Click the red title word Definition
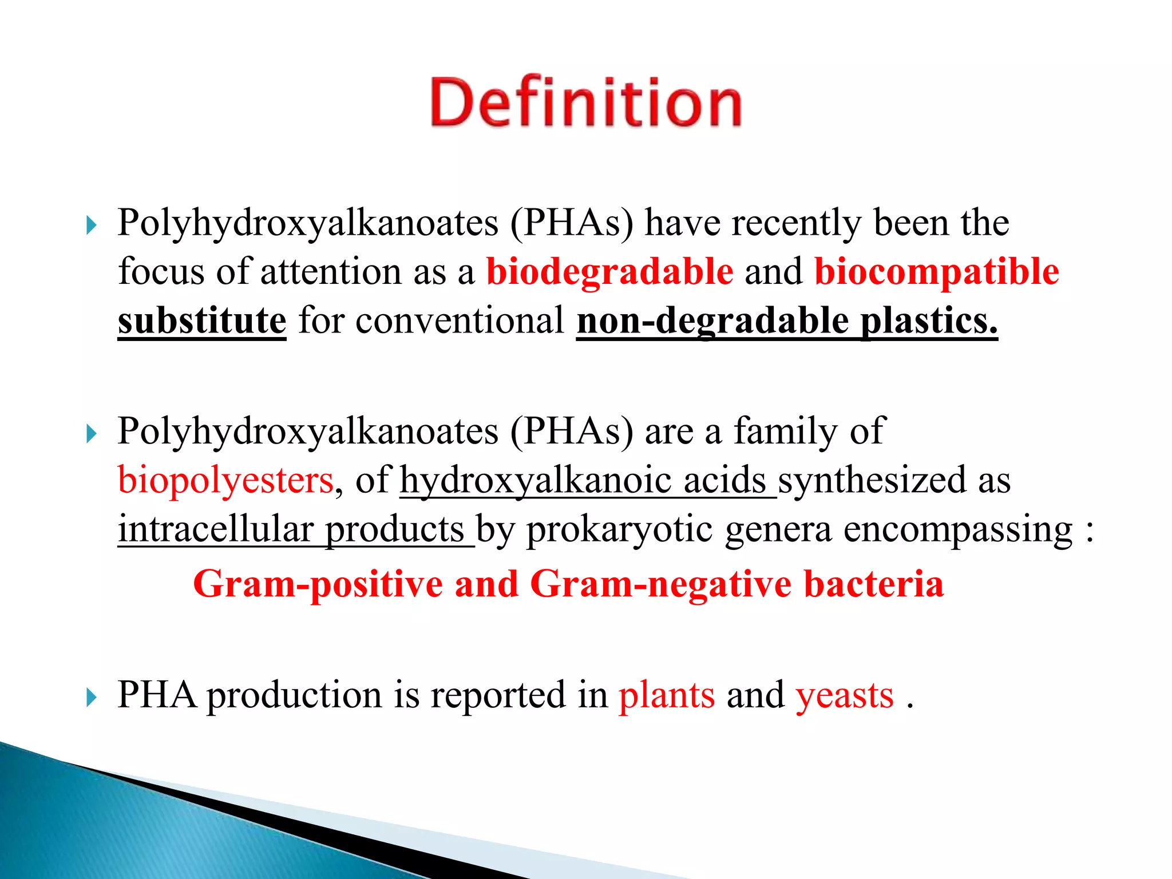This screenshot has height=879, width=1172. coord(585,103)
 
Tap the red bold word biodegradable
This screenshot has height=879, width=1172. coord(609,271)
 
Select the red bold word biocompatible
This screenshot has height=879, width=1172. coord(936,271)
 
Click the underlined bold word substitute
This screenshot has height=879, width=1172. coord(201,320)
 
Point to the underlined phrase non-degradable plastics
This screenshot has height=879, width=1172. coord(787,320)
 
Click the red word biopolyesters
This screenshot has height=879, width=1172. coord(225,480)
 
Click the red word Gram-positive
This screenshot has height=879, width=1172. coord(318,584)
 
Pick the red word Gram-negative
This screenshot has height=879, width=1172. coord(661,584)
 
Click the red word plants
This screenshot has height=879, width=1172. coord(667,695)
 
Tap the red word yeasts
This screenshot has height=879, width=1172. coord(845,695)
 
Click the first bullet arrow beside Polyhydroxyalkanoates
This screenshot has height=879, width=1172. coord(92,225)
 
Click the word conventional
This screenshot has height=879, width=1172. coord(460,320)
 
